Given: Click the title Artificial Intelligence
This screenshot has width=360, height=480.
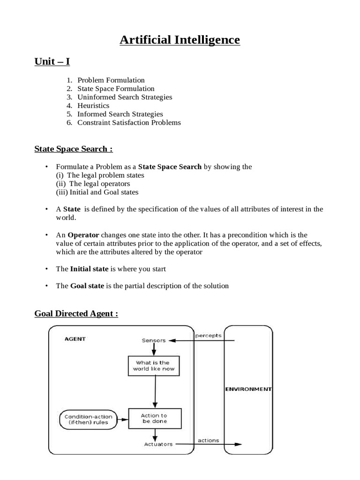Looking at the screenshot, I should pyautogui.click(x=180, y=40).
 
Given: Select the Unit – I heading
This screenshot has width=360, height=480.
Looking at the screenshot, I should pyautogui.click(x=52, y=62).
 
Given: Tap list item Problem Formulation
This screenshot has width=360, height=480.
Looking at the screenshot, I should pyautogui.click(x=111, y=80).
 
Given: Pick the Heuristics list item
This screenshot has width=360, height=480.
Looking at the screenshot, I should pyautogui.click(x=93, y=105).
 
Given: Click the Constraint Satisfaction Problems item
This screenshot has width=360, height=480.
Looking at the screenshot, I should pyautogui.click(x=129, y=122).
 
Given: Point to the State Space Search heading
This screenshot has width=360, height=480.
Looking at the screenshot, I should pyautogui.click(x=74, y=149).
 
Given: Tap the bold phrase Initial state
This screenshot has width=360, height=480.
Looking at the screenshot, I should pyautogui.click(x=89, y=269).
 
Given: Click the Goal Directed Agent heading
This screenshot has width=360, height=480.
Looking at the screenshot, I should pyautogui.click(x=76, y=314).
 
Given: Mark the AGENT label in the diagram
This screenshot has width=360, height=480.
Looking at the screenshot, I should pyautogui.click(x=75, y=338).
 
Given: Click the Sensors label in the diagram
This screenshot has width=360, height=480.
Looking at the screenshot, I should pyautogui.click(x=154, y=340).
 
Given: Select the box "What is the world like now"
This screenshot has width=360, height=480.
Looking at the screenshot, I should pyautogui.click(x=152, y=366).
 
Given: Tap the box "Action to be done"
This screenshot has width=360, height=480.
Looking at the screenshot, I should pyautogui.click(x=154, y=418).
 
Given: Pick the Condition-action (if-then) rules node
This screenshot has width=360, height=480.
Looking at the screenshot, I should pyautogui.click(x=86, y=419).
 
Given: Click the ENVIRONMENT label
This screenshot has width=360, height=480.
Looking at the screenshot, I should pyautogui.click(x=248, y=389).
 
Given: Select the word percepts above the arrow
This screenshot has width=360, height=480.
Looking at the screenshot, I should pyautogui.click(x=208, y=336).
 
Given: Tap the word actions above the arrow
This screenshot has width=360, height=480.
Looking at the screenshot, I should pyautogui.click(x=208, y=440).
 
